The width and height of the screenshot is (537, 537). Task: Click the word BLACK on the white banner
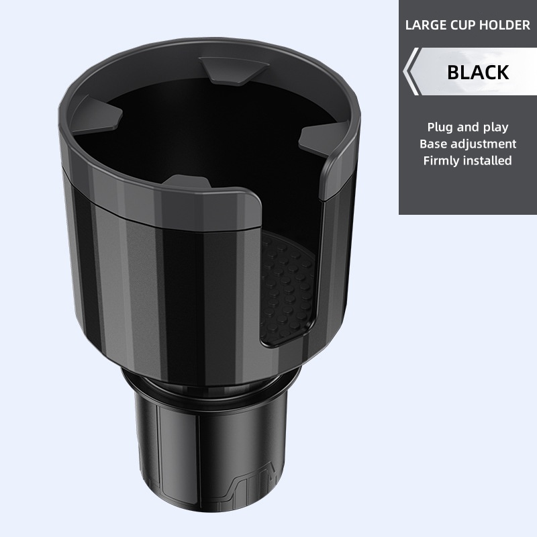[478, 71]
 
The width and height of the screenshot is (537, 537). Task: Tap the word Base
[433, 144]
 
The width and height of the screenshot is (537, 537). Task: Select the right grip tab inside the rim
[319, 138]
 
